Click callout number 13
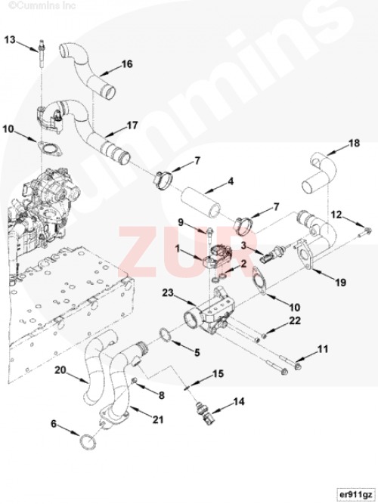coord(10,40)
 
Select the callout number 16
coord(127,63)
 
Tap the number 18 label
coord(355,143)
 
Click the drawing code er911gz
coord(355,493)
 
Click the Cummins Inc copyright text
coord(42,5)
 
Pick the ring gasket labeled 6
coord(88,442)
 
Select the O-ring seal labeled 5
coord(166,335)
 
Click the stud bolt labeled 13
coord(42,54)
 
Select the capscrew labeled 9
coord(209,235)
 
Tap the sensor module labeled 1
coord(218,256)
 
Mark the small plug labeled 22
coord(265,335)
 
